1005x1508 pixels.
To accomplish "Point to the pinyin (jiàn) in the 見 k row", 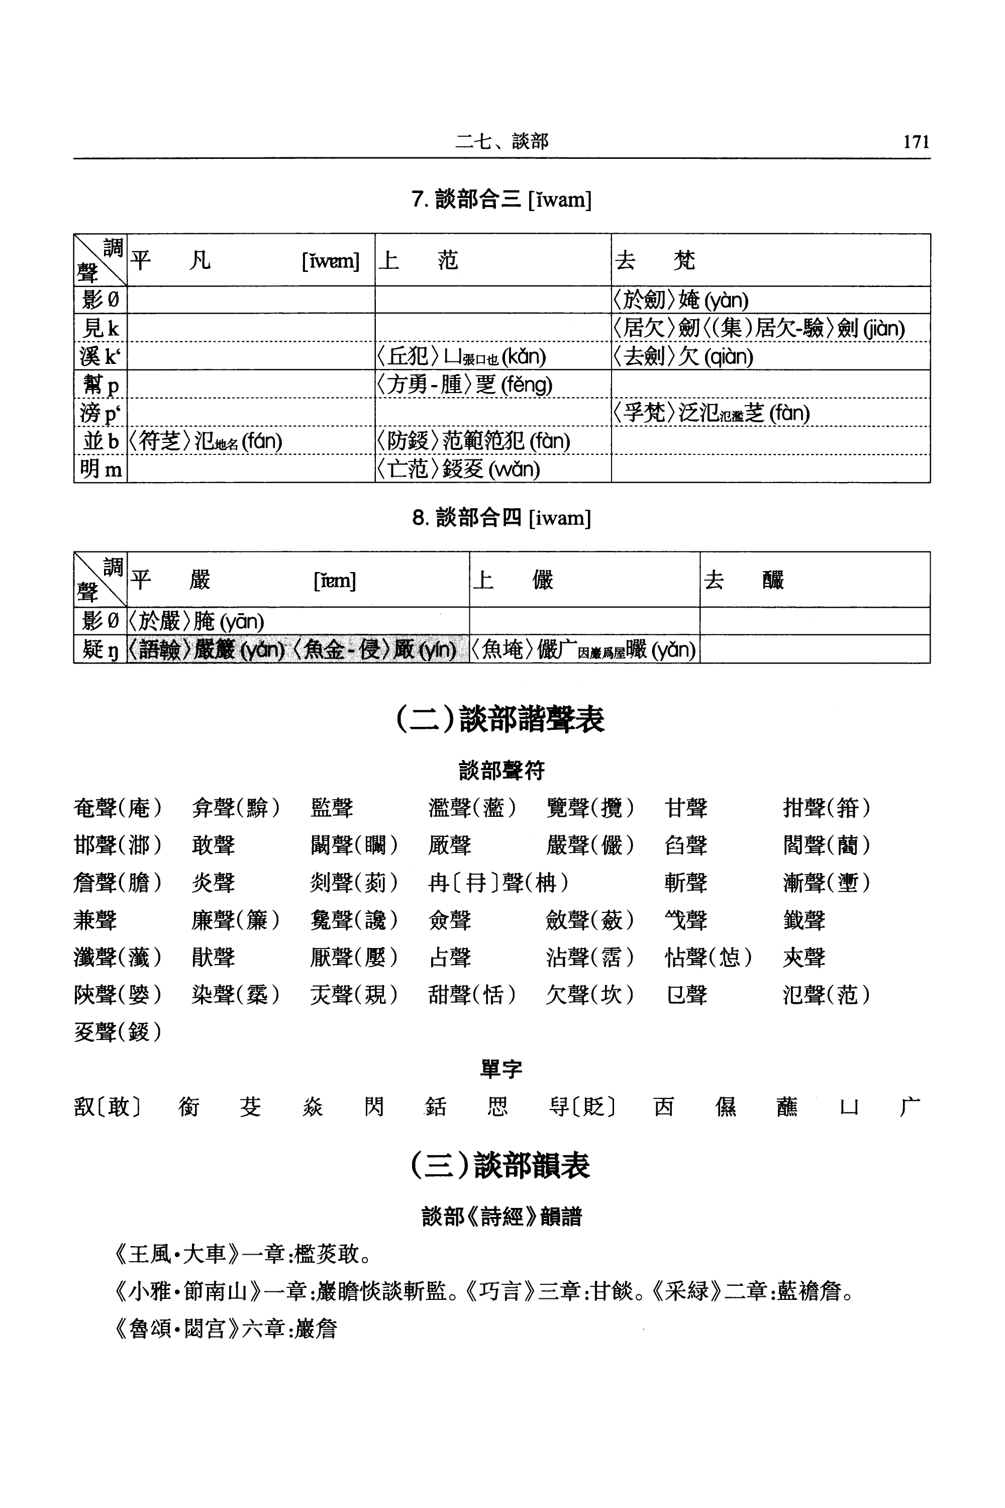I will [x=883, y=329].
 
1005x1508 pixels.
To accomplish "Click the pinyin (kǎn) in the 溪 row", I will [x=524, y=356].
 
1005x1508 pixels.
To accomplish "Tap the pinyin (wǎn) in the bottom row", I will [x=514, y=469].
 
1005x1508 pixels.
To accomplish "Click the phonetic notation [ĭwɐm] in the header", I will [x=330, y=261].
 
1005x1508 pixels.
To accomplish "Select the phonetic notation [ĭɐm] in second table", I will [x=334, y=580].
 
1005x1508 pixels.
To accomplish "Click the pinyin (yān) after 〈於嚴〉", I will [x=242, y=621].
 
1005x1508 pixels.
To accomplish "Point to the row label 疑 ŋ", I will [x=100, y=649].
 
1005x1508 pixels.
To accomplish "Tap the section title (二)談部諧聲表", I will [x=500, y=719].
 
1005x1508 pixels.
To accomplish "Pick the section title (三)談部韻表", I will [x=500, y=1165].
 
